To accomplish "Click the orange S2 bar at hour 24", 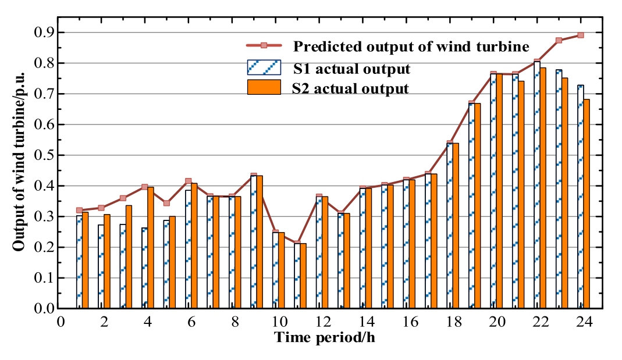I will click(x=587, y=204).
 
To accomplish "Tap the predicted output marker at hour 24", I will click(x=580, y=35).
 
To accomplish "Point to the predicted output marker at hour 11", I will click(x=297, y=243).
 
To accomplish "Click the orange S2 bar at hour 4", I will click(x=150, y=247).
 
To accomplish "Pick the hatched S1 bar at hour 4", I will click(x=144, y=268).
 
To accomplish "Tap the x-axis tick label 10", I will click(x=279, y=322).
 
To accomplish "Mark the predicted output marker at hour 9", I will click(x=254, y=176).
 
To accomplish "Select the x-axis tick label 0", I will click(x=60, y=322).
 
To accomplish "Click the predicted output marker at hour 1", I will click(x=79, y=210).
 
